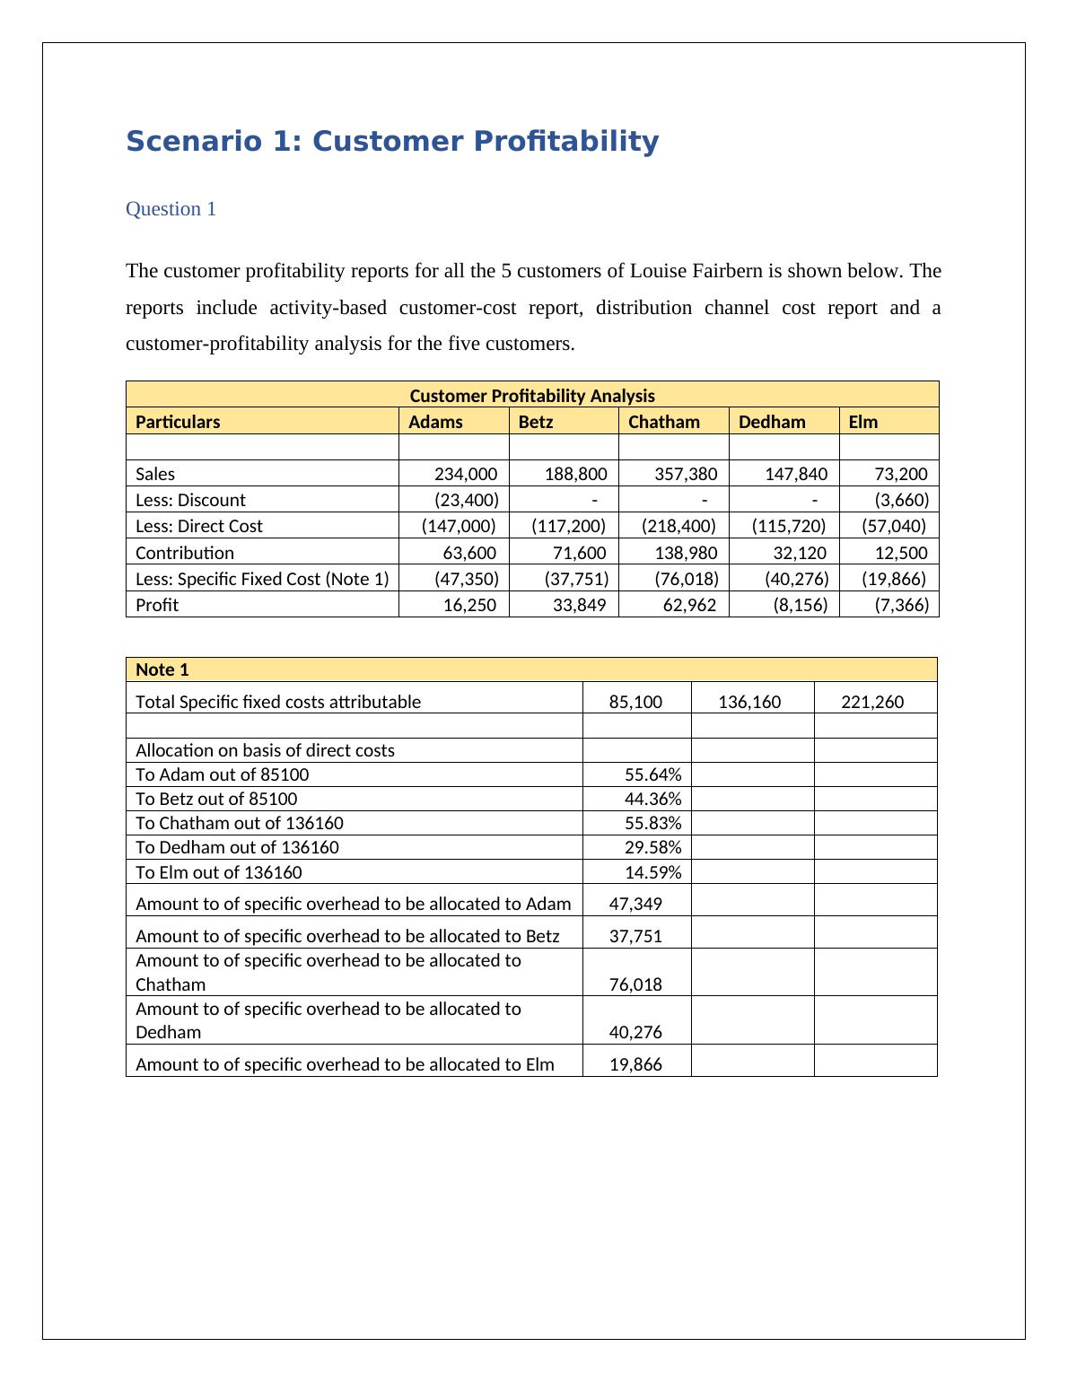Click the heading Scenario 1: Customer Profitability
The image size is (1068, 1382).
click(x=392, y=142)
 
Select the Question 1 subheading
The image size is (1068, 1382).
click(x=171, y=209)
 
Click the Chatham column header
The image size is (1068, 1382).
click(x=663, y=422)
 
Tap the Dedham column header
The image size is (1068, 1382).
click(x=772, y=422)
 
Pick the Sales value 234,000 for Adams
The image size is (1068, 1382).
click(x=466, y=474)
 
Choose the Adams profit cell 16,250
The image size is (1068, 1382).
click(x=469, y=605)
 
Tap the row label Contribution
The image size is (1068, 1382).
click(x=185, y=553)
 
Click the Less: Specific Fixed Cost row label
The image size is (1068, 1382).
click(x=262, y=579)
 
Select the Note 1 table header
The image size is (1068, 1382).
click(x=162, y=669)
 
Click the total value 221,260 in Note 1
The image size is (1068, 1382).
click(x=872, y=702)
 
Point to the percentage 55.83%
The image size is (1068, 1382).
click(x=652, y=823)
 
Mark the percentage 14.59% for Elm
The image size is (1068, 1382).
click(x=652, y=872)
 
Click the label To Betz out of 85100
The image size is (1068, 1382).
click(x=216, y=799)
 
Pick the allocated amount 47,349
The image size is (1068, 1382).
click(x=635, y=904)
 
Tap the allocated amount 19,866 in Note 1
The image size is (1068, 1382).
click(x=635, y=1064)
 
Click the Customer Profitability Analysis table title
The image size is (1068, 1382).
click(x=532, y=396)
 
